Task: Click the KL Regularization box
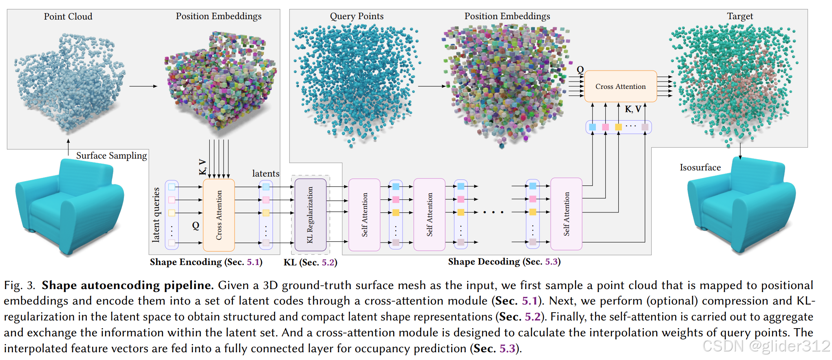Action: point(310,214)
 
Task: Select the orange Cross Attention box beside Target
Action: point(620,86)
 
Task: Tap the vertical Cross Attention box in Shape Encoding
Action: point(219,215)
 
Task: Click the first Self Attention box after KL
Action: point(364,214)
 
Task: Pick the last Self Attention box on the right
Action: point(566,214)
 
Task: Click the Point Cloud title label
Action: point(68,17)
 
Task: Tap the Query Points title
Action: point(356,16)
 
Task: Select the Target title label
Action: point(739,16)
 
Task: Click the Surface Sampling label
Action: point(111,156)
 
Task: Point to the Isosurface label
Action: point(700,168)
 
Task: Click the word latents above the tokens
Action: point(266,174)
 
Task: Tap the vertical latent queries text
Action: point(156,215)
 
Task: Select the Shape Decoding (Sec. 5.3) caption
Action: point(504,262)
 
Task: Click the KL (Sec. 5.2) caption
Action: point(310,263)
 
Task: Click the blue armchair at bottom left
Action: point(69,206)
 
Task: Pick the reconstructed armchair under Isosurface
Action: point(740,206)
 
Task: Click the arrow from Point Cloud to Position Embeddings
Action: point(143,86)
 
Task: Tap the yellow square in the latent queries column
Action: point(172,213)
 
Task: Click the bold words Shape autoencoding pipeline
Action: point(128,285)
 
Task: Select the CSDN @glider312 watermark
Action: point(766,346)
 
